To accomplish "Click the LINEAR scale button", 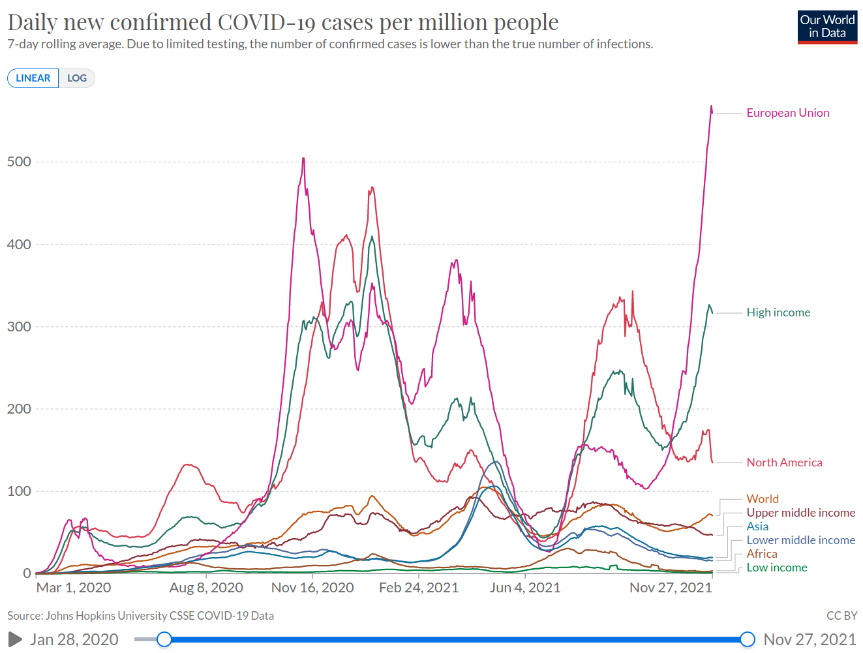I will point(33,78).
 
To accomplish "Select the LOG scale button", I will point(77,78).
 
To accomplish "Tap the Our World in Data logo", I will point(827,27).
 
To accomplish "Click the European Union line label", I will point(788,113).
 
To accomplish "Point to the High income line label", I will point(778,312).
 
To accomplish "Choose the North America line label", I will point(784,463).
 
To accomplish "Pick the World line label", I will point(763,499).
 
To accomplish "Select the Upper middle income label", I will point(800,513).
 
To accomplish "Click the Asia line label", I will point(757,526).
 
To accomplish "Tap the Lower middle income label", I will point(800,540).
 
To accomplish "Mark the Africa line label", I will point(761,554).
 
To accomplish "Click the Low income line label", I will point(776,568).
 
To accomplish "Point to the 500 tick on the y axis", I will point(19,162).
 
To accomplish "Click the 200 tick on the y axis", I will point(19,409).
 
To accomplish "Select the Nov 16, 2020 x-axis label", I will point(312,588).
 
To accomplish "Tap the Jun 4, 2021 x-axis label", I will point(525,588).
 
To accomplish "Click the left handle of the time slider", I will point(164,639).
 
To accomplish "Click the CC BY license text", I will point(841,616).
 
